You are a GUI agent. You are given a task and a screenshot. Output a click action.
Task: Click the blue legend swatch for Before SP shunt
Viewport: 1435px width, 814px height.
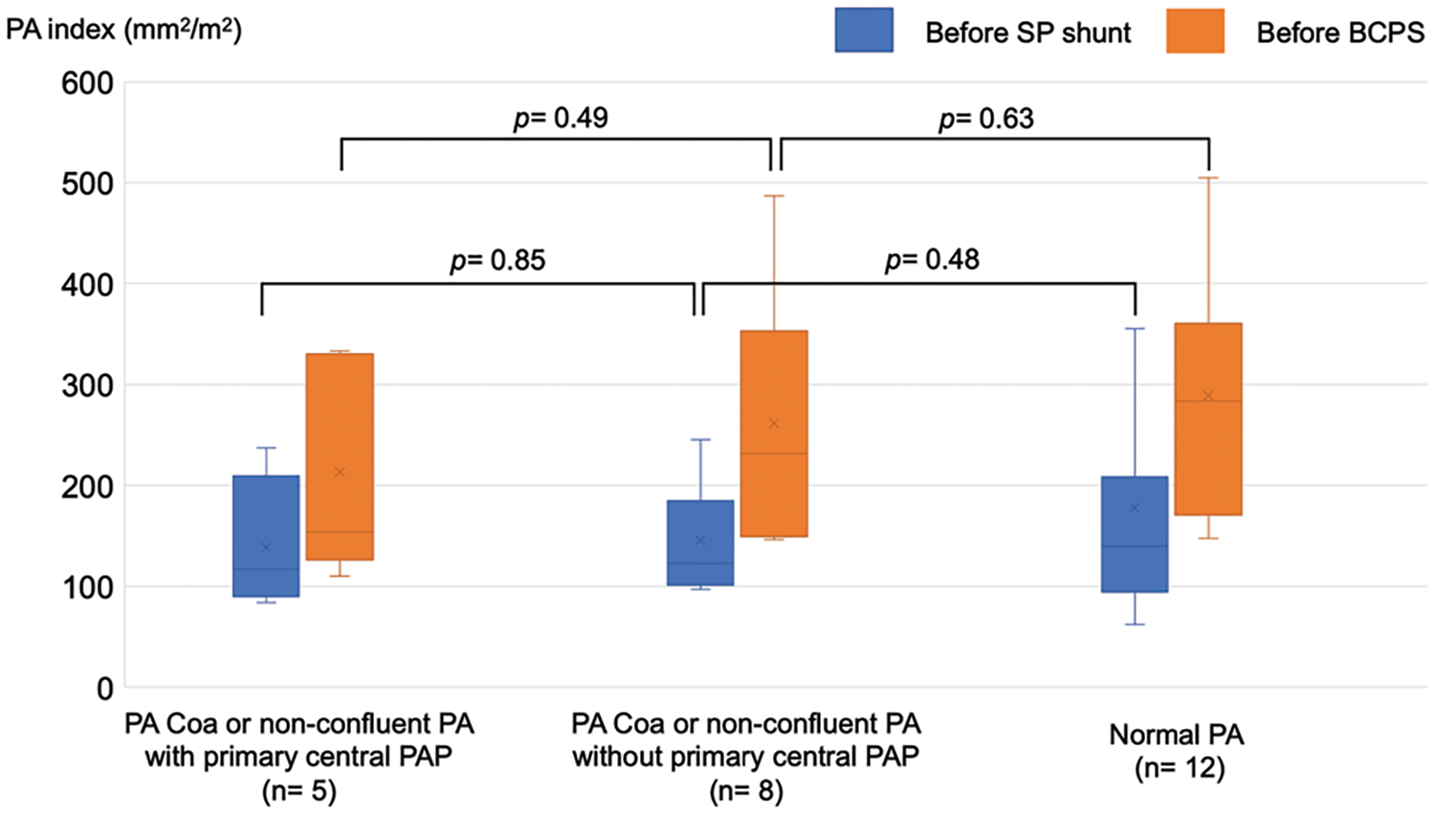point(864,31)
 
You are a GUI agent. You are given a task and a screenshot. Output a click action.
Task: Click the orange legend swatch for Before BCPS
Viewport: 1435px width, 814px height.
point(1195,31)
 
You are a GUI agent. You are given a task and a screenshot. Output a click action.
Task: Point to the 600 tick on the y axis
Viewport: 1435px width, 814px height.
point(87,83)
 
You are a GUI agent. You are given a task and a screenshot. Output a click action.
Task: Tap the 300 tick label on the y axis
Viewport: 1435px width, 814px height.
point(87,385)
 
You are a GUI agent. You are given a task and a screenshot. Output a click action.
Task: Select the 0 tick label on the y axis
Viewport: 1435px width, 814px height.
point(104,688)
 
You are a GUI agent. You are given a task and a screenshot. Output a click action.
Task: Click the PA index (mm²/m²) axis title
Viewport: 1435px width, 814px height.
point(123,30)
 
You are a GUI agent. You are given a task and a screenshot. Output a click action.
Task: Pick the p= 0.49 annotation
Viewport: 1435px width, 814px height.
point(561,119)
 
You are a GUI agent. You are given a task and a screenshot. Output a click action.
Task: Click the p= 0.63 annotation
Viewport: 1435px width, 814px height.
point(985,119)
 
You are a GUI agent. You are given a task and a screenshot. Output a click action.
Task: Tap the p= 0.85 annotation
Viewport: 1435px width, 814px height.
point(497,260)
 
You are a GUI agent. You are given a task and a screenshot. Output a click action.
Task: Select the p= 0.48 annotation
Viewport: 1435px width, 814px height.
point(932,260)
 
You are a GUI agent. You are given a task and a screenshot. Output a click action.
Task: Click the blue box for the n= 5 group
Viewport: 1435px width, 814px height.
point(266,536)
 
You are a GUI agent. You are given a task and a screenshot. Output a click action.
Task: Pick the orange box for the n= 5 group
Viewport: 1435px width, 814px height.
point(340,456)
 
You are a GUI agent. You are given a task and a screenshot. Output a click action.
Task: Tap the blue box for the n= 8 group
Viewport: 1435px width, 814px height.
point(700,542)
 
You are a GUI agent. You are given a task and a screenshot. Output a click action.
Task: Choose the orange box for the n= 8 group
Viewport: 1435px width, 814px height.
point(774,433)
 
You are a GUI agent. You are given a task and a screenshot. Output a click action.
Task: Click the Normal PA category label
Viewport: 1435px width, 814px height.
point(1177,735)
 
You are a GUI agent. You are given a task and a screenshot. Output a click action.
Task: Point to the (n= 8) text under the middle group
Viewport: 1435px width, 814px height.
point(746,791)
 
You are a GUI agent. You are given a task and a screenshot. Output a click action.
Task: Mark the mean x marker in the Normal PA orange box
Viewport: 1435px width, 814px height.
point(1208,396)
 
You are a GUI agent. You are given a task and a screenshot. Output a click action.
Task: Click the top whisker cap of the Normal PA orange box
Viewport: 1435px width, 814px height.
point(1208,178)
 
